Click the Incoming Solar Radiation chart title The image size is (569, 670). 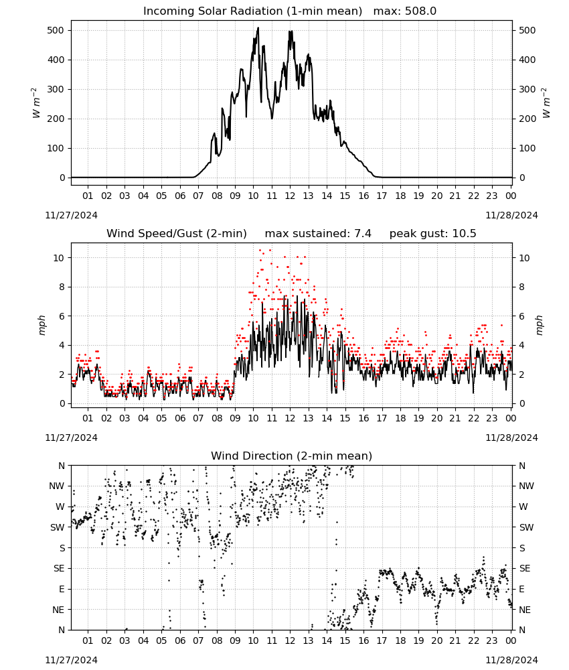[x=252, y=11]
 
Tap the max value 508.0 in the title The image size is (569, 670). [x=420, y=11]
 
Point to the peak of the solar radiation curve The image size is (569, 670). [x=258, y=28]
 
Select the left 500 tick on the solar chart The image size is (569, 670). [x=56, y=30]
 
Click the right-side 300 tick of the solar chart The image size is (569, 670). [x=527, y=89]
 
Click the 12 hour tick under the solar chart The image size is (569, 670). [x=290, y=196]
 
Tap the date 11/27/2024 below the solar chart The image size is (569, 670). [x=71, y=215]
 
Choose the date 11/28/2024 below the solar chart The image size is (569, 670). [x=511, y=215]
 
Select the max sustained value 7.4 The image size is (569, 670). [x=363, y=233]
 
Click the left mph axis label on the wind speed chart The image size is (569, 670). [x=42, y=325]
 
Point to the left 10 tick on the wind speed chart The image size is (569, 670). [x=59, y=258]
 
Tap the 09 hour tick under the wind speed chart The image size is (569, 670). [x=235, y=418]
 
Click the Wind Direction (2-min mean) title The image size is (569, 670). [x=292, y=456]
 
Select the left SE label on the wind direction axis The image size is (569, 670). [x=59, y=568]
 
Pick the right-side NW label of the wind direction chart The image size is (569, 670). [x=526, y=486]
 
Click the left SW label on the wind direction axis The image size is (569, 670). [x=58, y=527]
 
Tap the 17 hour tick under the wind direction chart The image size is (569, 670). [x=382, y=641]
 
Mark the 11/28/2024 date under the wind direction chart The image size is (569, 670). [x=511, y=660]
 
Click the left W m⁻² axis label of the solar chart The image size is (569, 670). [x=36, y=103]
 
